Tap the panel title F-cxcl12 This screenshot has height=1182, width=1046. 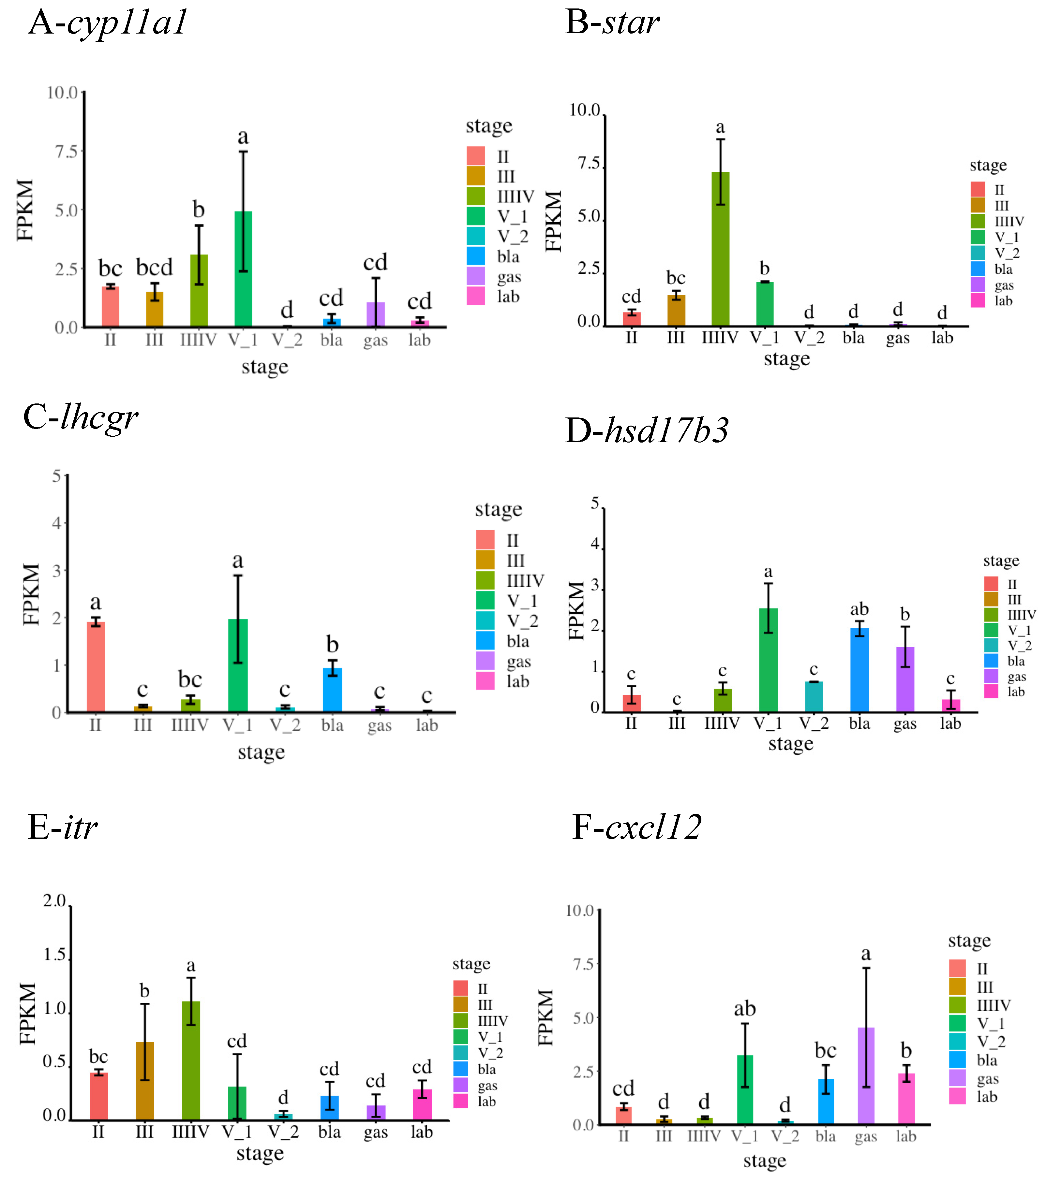coord(636,827)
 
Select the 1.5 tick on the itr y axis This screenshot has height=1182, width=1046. coord(55,955)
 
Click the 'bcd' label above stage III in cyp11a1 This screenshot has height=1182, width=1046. coord(155,268)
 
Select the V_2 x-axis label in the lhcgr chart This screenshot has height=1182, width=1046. coord(285,725)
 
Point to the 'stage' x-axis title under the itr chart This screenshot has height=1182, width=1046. coord(260,1154)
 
